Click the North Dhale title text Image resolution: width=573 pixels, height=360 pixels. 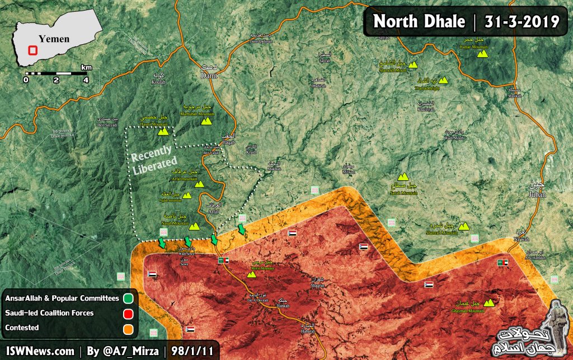click(x=419, y=21)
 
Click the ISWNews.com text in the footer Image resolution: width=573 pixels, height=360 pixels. click(x=38, y=351)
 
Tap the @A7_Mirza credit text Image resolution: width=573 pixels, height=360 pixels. click(x=124, y=351)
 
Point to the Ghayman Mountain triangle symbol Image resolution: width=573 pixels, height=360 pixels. click(x=489, y=303)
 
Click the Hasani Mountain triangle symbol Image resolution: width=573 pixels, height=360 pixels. click(x=163, y=132)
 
